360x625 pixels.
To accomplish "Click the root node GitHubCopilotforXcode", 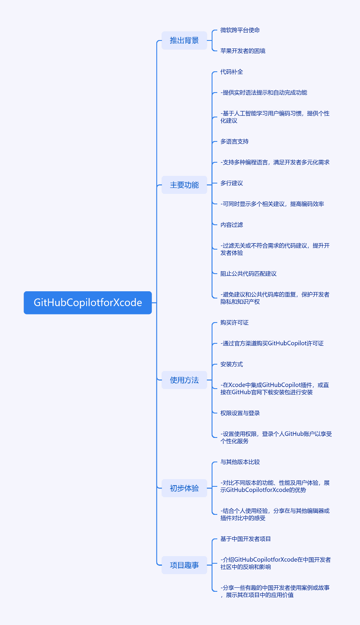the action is (x=88, y=303).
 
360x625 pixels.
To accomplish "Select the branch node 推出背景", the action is (x=184, y=40).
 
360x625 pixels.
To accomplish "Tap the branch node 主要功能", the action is (x=184, y=185).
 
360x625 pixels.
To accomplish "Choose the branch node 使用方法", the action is (x=184, y=380).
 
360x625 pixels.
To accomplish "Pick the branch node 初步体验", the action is (x=184, y=488).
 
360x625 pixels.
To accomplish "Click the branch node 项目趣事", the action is (x=184, y=565).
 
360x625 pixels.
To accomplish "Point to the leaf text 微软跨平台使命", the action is (x=240, y=30).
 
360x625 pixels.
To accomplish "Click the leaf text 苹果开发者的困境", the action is (x=243, y=51).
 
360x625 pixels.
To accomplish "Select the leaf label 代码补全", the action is (x=232, y=72).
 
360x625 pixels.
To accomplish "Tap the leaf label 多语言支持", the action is (x=235, y=142).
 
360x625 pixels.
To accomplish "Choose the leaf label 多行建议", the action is (x=232, y=183).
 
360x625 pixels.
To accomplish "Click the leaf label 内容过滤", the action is (x=232, y=225).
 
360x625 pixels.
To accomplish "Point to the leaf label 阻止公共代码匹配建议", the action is (x=248, y=274).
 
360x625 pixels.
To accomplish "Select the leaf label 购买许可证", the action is (x=235, y=323).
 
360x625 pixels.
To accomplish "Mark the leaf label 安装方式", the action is (x=232, y=365).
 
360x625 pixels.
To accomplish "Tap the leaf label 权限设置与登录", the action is (x=240, y=413).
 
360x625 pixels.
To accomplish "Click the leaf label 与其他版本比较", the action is (x=240, y=462).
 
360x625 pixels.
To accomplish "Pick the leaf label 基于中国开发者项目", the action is (x=245, y=539).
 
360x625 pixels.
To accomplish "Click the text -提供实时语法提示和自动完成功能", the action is (x=264, y=93).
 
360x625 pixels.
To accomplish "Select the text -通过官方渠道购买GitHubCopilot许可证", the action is (x=272, y=343).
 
